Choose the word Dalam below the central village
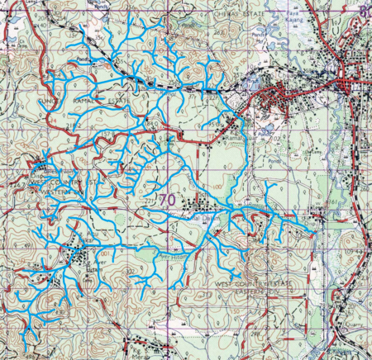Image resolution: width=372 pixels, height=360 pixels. click(206, 217)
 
